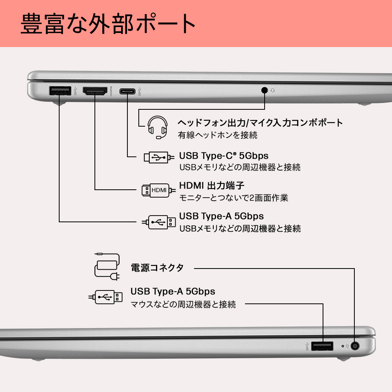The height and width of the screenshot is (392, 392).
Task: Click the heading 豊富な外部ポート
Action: coord(108,24)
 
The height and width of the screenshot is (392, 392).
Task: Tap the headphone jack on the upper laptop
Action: coord(265,90)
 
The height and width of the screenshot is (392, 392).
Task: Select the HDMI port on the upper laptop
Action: coord(94,92)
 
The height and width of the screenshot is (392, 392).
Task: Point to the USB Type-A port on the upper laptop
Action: coord(60,91)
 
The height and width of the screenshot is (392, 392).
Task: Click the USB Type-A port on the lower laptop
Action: coord(322,346)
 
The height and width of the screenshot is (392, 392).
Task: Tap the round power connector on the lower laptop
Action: coord(356,346)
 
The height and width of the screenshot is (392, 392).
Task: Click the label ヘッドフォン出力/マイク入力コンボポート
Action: coord(261,122)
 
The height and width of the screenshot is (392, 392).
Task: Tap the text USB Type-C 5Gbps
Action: coord(224,155)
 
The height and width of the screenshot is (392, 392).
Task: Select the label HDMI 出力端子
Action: coord(212,185)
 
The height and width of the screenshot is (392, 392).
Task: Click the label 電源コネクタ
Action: coord(157,268)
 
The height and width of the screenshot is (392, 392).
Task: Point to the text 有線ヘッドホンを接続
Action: coord(218,135)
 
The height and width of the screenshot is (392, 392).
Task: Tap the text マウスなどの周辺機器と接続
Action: coord(183,304)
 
